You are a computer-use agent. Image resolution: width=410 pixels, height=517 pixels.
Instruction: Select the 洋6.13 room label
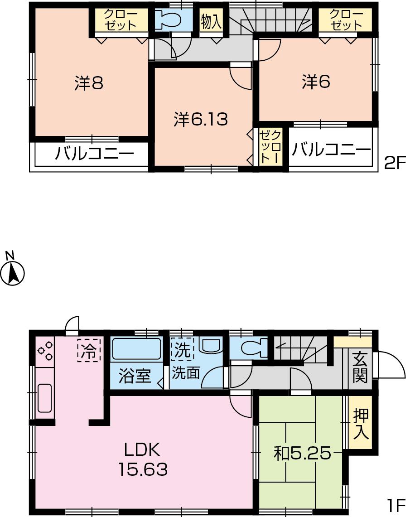[200, 119]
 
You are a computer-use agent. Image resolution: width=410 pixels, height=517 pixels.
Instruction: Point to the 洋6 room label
[316, 82]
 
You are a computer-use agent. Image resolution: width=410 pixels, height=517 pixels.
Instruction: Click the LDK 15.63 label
[143, 460]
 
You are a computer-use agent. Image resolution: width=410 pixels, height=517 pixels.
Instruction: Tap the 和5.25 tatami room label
[302, 453]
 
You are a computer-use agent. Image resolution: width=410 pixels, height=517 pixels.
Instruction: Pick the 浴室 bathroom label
[135, 376]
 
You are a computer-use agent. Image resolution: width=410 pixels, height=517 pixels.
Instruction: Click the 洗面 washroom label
[186, 373]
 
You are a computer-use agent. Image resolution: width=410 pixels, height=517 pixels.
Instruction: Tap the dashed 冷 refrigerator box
[89, 350]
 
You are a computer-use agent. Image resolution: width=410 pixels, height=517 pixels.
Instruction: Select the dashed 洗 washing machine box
[182, 349]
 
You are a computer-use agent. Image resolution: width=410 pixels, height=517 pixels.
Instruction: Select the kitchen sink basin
[44, 398]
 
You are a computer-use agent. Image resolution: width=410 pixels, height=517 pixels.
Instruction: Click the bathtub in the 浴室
[136, 349]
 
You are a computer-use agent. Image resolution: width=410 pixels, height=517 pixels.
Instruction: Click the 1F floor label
[395, 504]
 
